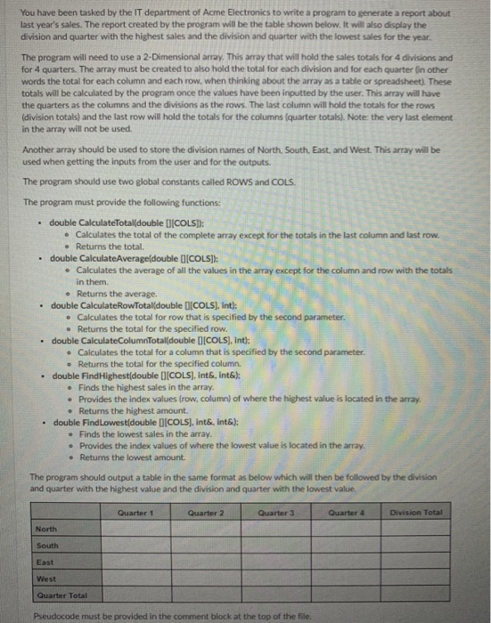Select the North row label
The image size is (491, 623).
click(x=46, y=530)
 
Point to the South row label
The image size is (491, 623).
click(x=47, y=546)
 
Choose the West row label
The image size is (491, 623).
click(x=45, y=579)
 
